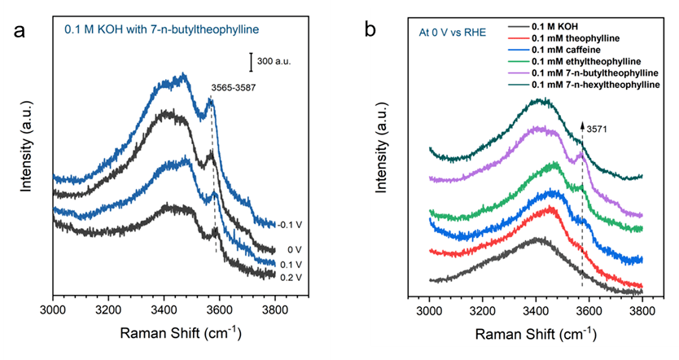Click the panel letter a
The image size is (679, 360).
18,33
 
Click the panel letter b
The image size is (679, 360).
370,31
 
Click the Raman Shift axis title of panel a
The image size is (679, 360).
164,335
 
